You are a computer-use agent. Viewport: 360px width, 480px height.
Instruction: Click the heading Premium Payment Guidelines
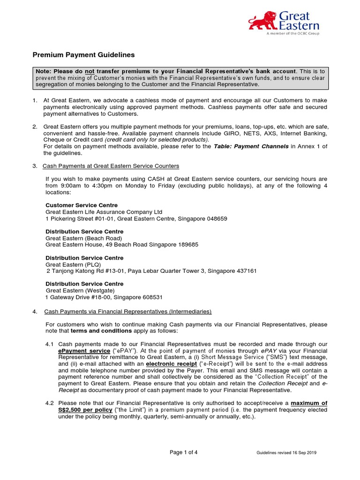(83, 55)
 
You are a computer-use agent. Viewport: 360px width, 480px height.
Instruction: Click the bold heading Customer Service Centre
(82, 205)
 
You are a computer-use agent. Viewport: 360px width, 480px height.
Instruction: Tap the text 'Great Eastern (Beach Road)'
(83, 238)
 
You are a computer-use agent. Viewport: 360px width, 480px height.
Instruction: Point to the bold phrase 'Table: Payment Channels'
(251, 146)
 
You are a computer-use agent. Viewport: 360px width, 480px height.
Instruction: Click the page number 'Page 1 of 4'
(183, 452)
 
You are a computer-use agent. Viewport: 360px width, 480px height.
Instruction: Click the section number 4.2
(50, 403)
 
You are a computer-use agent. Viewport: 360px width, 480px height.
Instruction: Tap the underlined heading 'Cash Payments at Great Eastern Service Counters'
(111, 166)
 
